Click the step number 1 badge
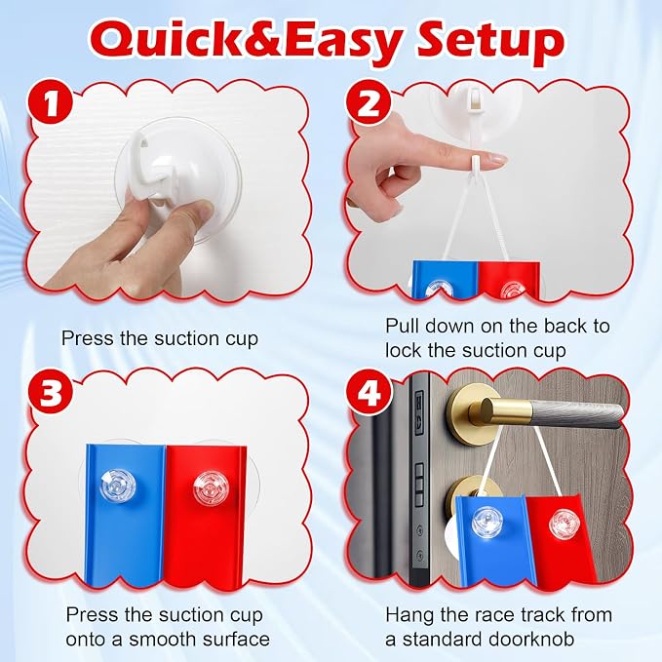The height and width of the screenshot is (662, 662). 51,103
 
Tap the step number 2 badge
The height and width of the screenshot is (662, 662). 369,103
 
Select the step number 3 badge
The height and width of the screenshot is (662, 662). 51,394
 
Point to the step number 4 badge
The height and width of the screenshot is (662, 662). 369,394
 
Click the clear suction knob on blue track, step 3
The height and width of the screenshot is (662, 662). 118,486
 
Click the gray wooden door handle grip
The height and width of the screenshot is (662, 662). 575,413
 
